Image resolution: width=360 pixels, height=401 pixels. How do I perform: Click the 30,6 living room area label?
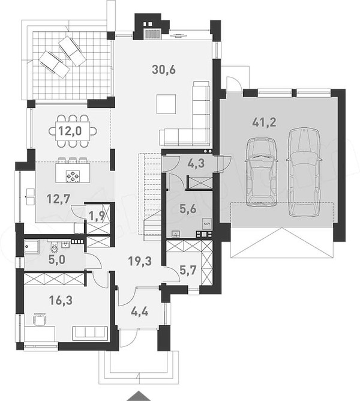pyautogui.click(x=164, y=70)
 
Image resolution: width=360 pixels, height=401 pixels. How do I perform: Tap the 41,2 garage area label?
pyautogui.click(x=265, y=122)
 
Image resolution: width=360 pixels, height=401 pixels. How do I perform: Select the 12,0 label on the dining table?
pyautogui.click(x=70, y=131)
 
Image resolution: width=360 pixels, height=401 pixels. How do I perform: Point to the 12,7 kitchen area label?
pyautogui.click(x=59, y=199)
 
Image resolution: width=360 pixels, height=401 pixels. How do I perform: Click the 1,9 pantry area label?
pyautogui.click(x=97, y=216)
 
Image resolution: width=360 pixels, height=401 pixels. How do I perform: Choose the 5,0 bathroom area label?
pyautogui.click(x=57, y=260)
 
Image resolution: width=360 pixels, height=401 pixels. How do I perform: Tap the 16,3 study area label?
pyautogui.click(x=61, y=300)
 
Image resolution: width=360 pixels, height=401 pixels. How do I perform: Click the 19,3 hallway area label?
pyautogui.click(x=140, y=261)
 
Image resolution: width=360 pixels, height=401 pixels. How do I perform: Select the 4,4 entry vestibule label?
pyautogui.click(x=139, y=312)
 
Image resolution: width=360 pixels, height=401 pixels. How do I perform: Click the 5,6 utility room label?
pyautogui.click(x=188, y=209)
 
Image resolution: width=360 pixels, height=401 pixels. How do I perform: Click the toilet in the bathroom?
pyautogui.click(x=55, y=247)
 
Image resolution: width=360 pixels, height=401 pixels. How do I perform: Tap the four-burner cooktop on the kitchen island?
pyautogui.click(x=73, y=176)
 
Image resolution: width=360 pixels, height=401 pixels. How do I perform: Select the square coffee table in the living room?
pyautogui.click(x=166, y=104)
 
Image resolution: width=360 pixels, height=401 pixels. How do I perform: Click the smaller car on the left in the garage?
pyautogui.click(x=261, y=172)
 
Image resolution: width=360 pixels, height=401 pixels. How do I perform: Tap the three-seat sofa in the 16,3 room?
pyautogui.click(x=90, y=333)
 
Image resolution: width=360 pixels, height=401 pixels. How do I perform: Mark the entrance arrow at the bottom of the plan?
pyautogui.click(x=139, y=397)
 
